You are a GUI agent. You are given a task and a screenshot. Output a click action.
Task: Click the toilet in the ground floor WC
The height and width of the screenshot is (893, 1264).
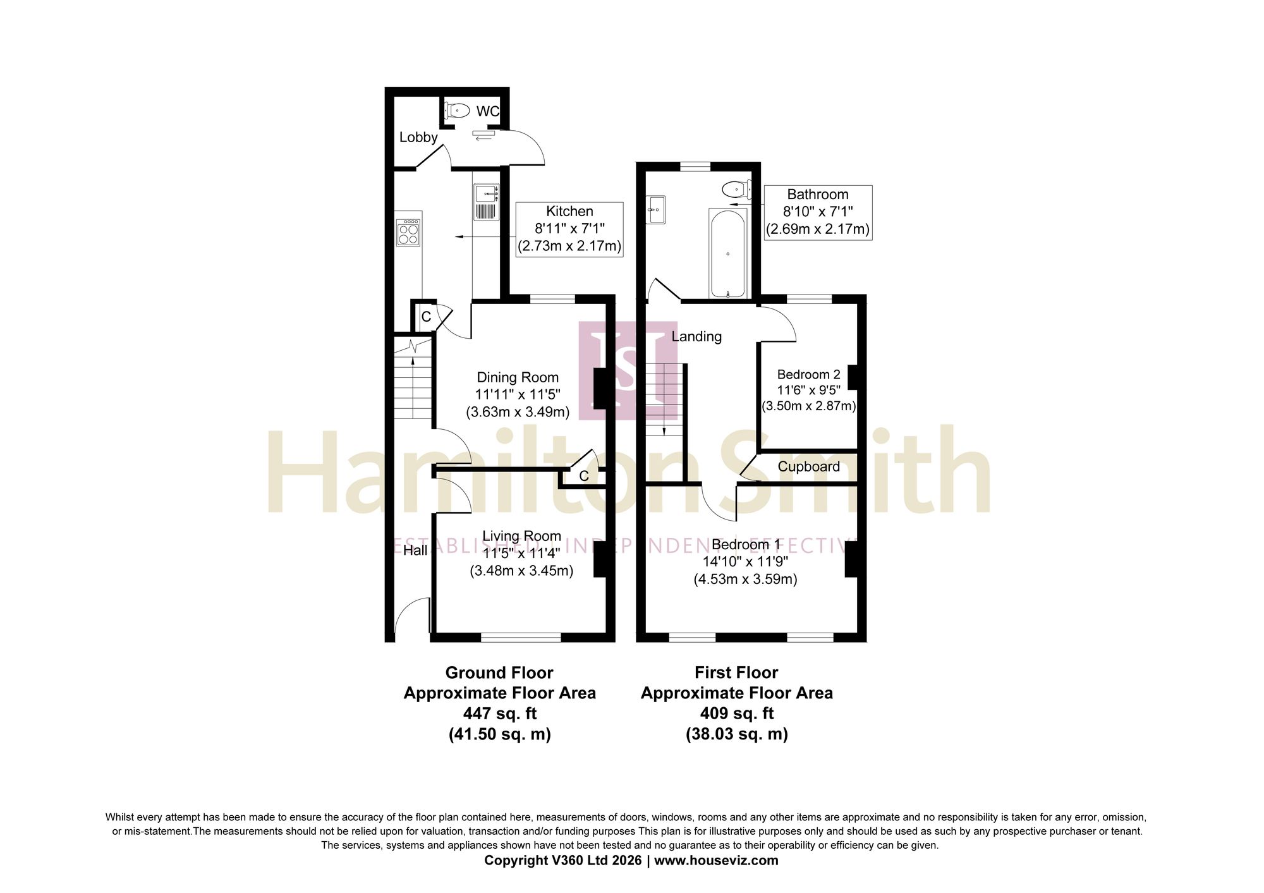[x=456, y=111]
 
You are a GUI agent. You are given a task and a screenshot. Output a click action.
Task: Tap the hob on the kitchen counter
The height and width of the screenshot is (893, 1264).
[x=409, y=232]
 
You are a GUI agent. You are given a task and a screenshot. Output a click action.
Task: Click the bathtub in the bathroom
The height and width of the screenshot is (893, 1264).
[x=728, y=253]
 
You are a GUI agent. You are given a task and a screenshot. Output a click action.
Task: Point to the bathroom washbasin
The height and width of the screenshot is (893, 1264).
[x=656, y=209]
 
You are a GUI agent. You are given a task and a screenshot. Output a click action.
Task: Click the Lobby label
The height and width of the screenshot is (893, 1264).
[x=418, y=137]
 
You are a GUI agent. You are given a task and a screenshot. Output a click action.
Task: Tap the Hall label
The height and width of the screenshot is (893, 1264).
[x=415, y=550]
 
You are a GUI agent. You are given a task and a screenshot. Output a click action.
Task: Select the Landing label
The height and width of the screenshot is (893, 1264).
[x=696, y=336]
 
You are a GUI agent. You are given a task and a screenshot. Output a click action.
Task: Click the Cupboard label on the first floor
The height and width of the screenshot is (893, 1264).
[x=809, y=466]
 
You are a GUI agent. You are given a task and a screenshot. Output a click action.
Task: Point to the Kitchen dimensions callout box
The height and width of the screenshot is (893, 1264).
[x=569, y=229]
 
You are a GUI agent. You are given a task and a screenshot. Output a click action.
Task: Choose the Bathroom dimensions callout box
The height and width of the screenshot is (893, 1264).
[x=818, y=212]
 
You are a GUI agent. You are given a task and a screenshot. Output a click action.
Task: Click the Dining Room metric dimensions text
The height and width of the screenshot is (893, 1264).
[x=518, y=413]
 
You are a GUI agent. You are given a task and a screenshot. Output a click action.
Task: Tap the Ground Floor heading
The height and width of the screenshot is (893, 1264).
[x=499, y=672]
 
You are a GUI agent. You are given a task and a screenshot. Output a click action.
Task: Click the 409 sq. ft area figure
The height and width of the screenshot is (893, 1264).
[x=737, y=714]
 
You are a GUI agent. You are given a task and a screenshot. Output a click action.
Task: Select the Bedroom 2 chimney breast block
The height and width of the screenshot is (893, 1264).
[x=853, y=377]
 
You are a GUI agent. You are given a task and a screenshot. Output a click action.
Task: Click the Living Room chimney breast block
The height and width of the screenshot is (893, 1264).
[x=600, y=559]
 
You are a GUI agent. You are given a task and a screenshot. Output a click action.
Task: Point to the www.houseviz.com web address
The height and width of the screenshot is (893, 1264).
[x=716, y=860]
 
